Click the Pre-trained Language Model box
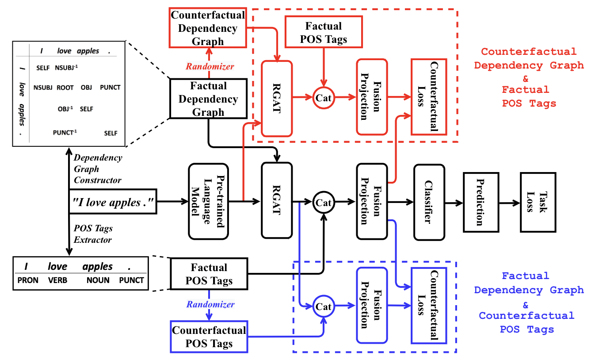[x=208, y=202]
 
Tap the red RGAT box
[x=277, y=98]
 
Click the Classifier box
[x=428, y=202]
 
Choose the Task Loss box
[x=538, y=202]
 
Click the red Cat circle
[x=324, y=98]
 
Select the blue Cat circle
[x=324, y=306]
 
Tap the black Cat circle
[x=324, y=203]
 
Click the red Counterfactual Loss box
[x=428, y=96]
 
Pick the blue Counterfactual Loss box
[x=428, y=305]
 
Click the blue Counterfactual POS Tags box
[x=209, y=337]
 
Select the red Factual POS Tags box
[x=324, y=32]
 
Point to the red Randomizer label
[x=210, y=66]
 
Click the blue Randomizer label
[x=210, y=304]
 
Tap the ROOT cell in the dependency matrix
[x=65, y=88]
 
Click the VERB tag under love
[x=57, y=280]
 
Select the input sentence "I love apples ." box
[x=113, y=202]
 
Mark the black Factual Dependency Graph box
[x=208, y=99]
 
